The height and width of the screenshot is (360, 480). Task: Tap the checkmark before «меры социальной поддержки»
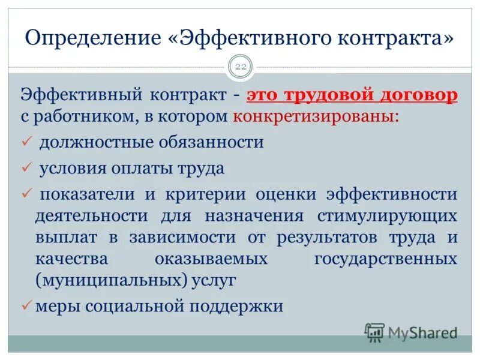click(x=26, y=305)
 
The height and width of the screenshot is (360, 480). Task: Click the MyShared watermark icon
click(x=374, y=331)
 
